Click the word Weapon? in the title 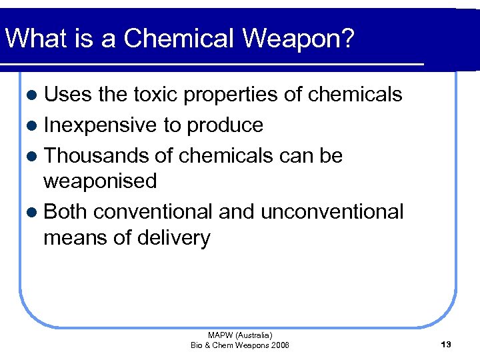(x=299, y=39)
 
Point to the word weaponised (x=100, y=181)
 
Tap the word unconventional (x=331, y=211)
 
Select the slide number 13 (x=446, y=344)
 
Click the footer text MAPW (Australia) (x=240, y=335)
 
